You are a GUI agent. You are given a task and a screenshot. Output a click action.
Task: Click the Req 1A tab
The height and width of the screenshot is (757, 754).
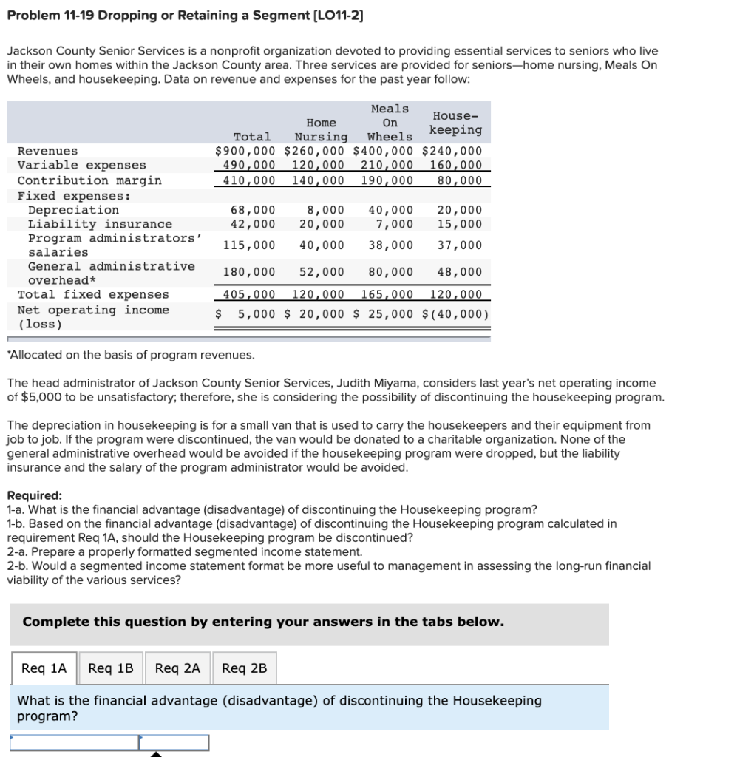[x=44, y=668]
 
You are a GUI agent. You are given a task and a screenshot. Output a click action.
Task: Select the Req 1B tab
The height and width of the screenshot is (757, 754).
[x=111, y=668]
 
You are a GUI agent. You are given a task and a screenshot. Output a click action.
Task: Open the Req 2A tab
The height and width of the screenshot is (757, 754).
[x=177, y=668]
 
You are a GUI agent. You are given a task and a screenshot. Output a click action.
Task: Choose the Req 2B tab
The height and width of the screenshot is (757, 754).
[x=245, y=668]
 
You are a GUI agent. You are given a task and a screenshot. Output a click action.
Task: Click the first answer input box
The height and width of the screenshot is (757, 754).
[x=75, y=741]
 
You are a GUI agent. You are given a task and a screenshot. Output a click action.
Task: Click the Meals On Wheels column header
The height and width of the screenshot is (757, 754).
[x=390, y=123]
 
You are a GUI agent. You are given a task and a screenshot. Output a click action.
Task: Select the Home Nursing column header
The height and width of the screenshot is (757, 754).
[x=321, y=129]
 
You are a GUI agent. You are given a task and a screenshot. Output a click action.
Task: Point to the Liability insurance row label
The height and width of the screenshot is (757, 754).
[x=100, y=224]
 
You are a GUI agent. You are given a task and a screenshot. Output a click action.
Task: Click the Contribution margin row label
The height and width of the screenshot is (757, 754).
[x=89, y=180]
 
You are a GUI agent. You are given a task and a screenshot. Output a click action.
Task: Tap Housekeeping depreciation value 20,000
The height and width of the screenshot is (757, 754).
[x=459, y=210]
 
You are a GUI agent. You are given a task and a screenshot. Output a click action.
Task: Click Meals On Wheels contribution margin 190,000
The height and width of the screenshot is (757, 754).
[x=387, y=180]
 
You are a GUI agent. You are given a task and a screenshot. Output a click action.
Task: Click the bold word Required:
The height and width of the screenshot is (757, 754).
[x=35, y=495]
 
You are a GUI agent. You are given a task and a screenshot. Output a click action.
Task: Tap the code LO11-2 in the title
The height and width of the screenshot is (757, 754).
[x=336, y=15]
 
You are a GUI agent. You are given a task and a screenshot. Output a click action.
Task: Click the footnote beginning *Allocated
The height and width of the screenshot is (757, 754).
[x=131, y=355]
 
